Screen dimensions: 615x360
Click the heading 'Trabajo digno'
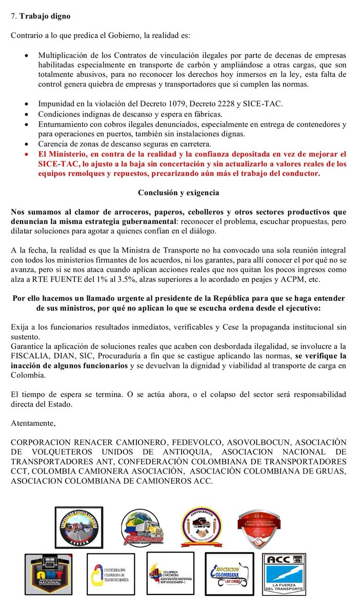pyautogui.click(x=45, y=16)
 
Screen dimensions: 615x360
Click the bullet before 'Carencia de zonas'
pyautogui.click(x=26, y=144)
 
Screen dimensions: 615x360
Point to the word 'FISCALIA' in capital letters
pyautogui.click(x=28, y=355)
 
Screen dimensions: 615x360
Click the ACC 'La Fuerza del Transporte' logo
pyautogui.click(x=285, y=575)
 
